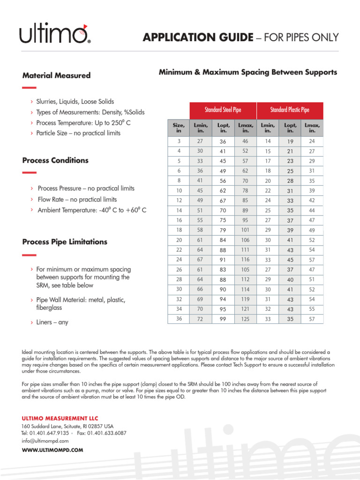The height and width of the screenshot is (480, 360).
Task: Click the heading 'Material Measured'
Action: click(56, 75)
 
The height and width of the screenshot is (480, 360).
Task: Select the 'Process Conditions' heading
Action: click(55, 160)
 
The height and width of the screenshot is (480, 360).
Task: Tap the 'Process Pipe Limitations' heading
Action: click(65, 242)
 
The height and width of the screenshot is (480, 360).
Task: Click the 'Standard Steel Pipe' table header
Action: click(223, 110)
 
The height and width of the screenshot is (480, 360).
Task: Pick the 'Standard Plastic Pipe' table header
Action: click(290, 110)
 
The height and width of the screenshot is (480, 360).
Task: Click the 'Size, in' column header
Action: click(179, 128)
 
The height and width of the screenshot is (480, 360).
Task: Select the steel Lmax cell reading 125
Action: click(245, 319)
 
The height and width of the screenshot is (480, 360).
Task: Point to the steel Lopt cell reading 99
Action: click(222, 319)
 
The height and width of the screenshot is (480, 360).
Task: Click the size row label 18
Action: click(179, 230)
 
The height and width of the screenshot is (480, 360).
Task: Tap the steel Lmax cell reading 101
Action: click(245, 230)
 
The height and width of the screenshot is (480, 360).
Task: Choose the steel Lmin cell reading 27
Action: click(200, 141)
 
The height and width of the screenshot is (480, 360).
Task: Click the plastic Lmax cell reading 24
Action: click(312, 141)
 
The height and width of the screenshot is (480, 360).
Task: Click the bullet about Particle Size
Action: click(78, 133)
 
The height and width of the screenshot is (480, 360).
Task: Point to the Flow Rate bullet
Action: click(77, 199)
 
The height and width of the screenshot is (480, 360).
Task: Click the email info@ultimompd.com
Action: click(45, 441)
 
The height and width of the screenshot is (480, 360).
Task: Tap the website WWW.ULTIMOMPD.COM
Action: click(52, 450)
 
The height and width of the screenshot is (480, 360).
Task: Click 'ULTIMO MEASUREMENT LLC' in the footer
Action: click(60, 418)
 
